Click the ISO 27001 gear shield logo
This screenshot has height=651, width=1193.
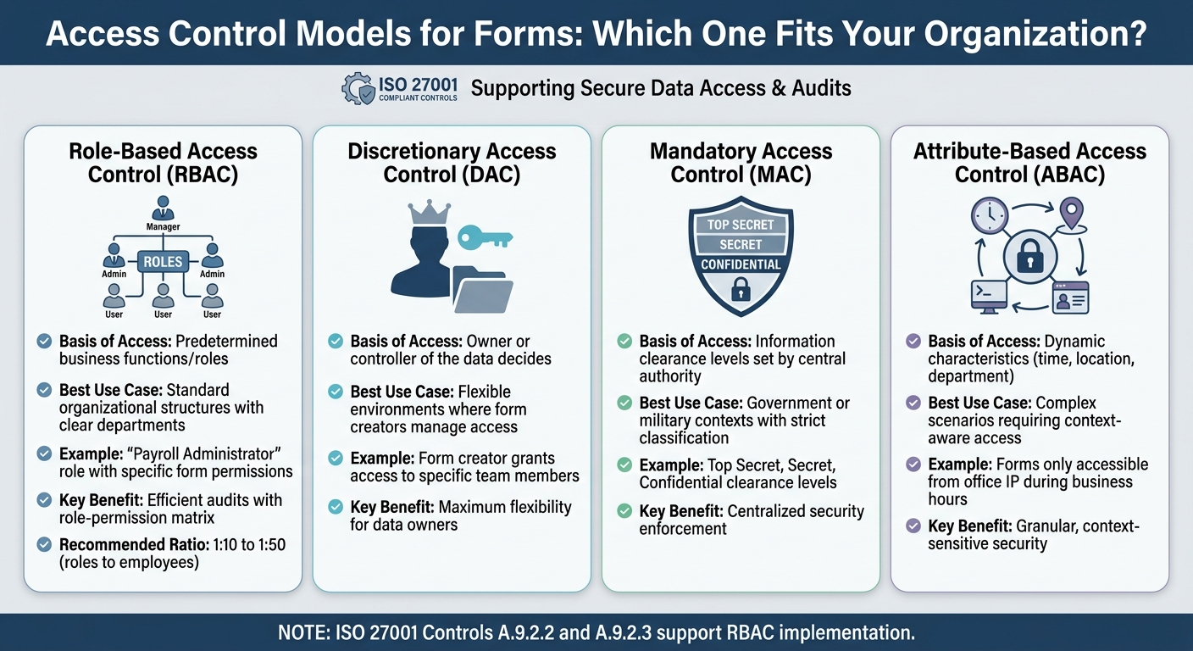358,89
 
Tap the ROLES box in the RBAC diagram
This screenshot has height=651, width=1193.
163,262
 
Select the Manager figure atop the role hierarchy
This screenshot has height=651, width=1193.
163,209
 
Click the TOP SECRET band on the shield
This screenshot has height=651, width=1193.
741,225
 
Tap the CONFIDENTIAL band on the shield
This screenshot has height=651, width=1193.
741,264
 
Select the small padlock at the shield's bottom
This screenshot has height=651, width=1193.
741,291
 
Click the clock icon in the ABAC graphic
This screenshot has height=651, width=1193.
988,217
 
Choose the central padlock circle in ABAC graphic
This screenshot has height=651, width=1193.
1029,255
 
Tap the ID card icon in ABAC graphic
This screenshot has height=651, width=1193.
1070,298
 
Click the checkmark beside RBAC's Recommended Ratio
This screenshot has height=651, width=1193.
44,545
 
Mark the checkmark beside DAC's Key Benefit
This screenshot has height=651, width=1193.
335,508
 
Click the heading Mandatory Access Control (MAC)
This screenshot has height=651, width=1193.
741,163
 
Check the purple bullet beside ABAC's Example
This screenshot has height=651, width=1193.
913,465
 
